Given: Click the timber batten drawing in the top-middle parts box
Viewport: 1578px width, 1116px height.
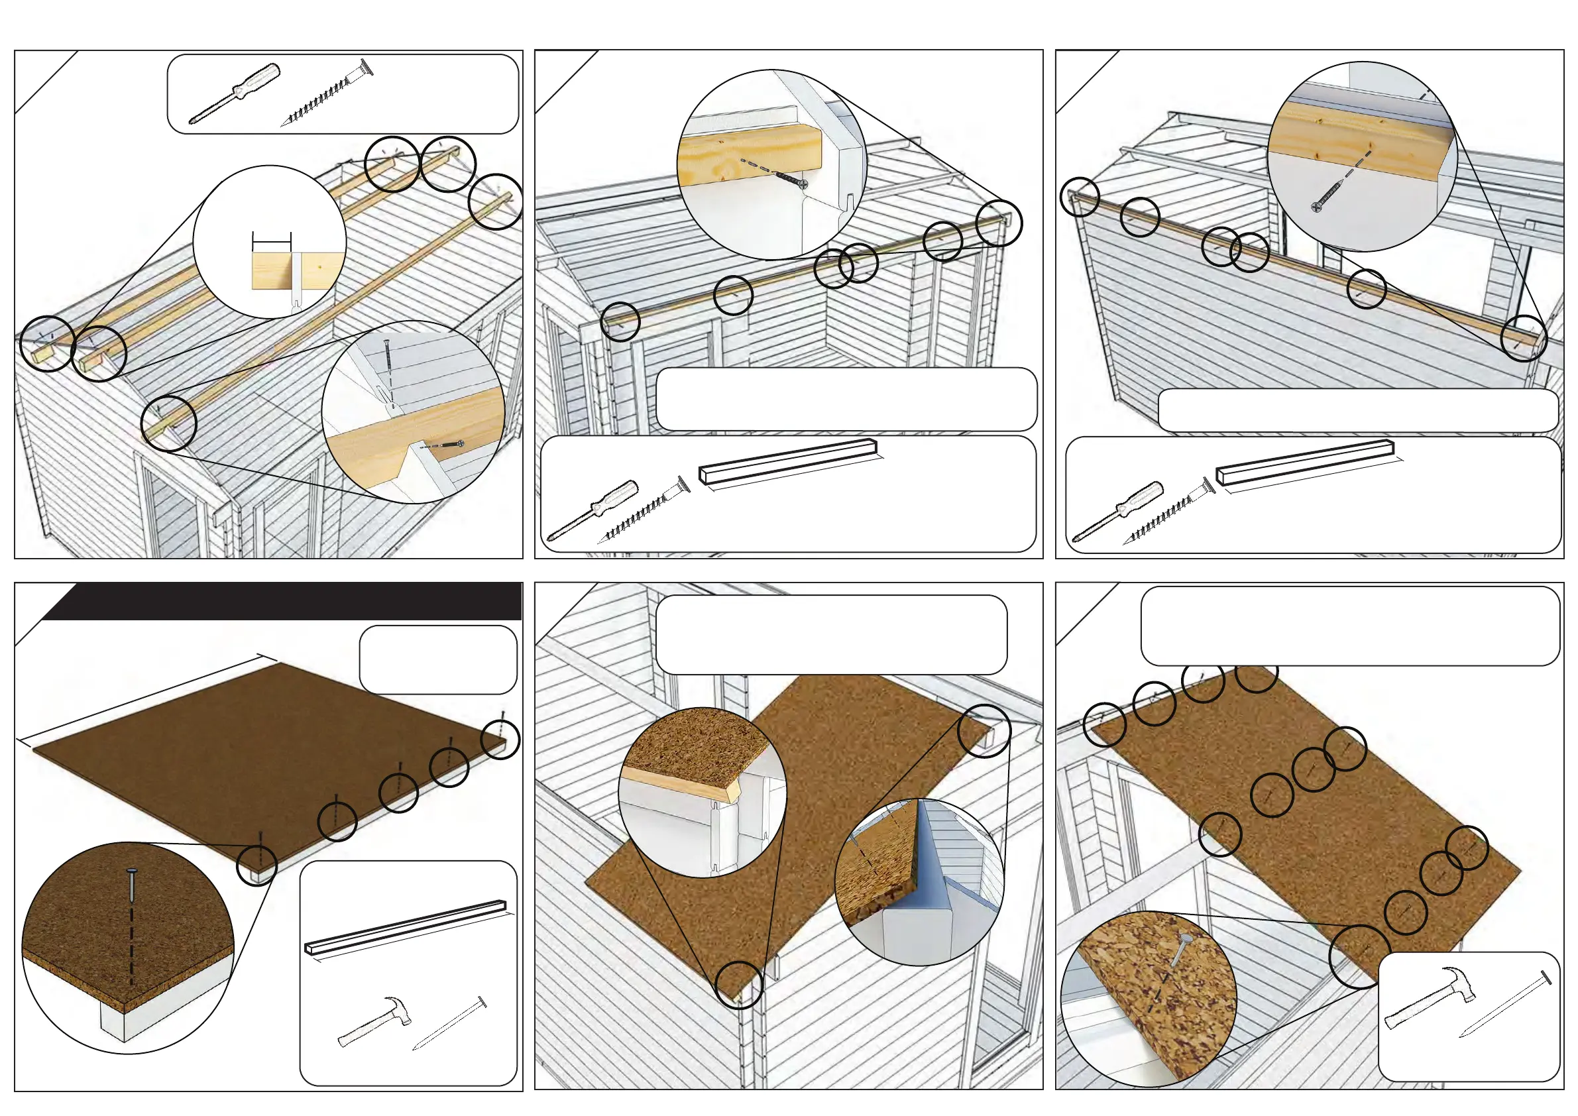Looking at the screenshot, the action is point(788,463).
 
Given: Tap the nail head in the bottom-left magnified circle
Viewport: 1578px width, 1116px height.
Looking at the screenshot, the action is point(131,873).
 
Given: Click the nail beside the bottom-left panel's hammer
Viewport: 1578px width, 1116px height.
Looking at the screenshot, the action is point(451,1024).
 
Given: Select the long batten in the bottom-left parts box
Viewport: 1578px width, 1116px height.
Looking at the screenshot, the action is point(406,926).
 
